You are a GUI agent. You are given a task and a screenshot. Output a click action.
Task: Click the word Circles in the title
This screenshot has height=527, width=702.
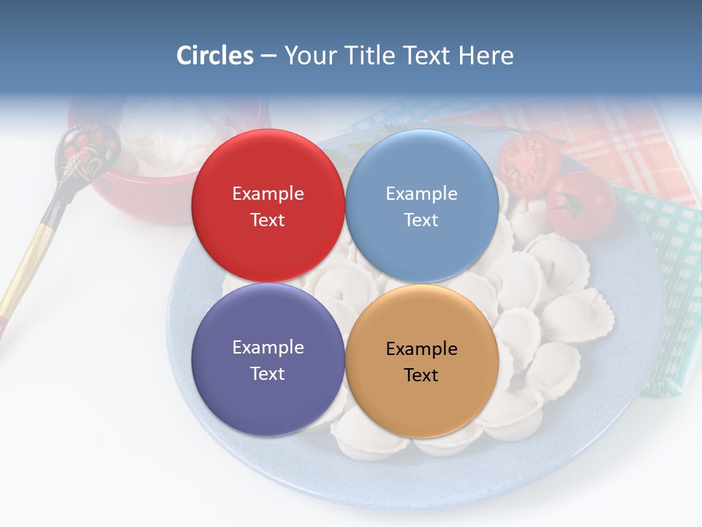(214, 56)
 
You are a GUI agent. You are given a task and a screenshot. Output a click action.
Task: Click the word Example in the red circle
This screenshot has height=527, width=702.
(268, 194)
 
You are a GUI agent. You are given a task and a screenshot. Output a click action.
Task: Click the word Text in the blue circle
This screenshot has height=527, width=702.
(421, 220)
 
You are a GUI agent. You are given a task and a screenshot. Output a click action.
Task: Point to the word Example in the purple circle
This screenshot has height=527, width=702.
(268, 348)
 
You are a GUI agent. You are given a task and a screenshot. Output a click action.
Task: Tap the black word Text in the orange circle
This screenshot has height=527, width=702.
(421, 375)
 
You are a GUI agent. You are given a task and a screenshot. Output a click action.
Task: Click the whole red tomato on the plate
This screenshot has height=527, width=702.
(582, 205)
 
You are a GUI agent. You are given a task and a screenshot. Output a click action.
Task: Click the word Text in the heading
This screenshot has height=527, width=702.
(426, 56)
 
